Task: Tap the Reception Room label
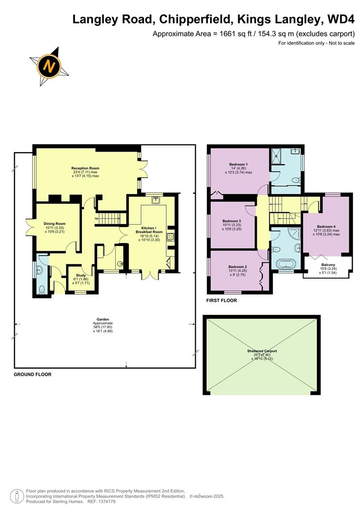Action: [85, 168]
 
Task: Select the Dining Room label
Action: [54, 224]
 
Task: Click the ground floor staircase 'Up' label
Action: [97, 219]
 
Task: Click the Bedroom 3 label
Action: [232, 221]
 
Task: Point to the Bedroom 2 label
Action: [237, 267]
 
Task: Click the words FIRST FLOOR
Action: [222, 301]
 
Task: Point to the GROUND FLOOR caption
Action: [32, 375]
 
